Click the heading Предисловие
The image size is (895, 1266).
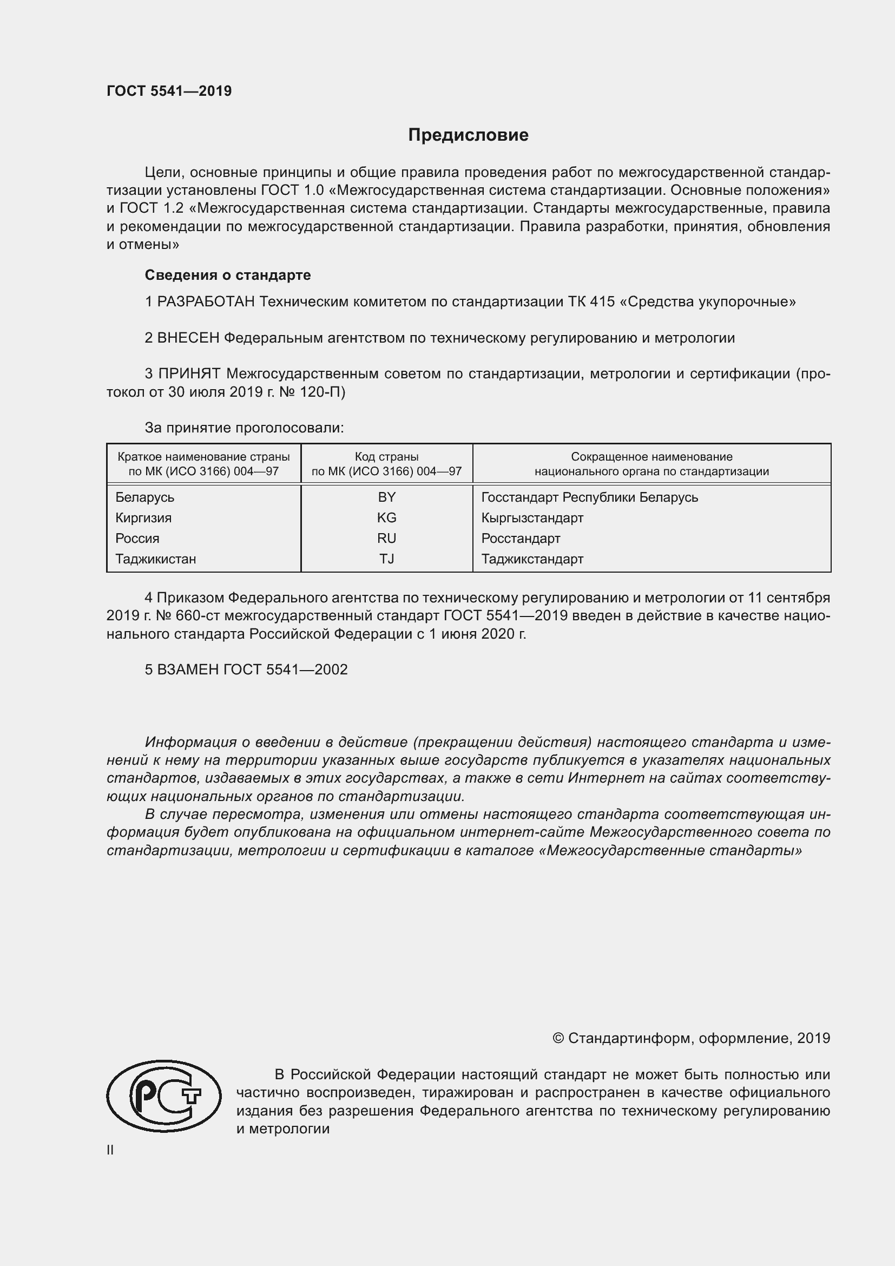click(x=468, y=135)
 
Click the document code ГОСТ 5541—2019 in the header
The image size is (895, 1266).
click(x=169, y=91)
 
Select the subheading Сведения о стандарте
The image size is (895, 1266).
click(x=228, y=274)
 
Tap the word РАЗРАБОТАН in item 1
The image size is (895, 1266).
click(x=206, y=301)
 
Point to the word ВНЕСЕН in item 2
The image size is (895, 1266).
click(x=188, y=337)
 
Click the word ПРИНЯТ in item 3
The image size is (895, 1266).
click(x=189, y=373)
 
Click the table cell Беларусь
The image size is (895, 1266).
click(x=144, y=497)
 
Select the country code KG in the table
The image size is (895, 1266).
click(x=386, y=518)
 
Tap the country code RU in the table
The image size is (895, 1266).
click(x=386, y=538)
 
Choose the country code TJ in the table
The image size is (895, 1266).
click(x=386, y=559)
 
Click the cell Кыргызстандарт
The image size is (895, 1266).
click(x=532, y=518)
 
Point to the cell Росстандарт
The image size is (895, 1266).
click(x=520, y=538)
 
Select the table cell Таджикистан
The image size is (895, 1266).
click(x=155, y=559)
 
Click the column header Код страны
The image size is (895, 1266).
click(x=386, y=457)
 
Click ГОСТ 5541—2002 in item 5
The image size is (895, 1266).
click(x=285, y=670)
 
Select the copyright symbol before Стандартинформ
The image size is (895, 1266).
click(x=558, y=1038)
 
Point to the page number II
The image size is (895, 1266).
click(x=110, y=1150)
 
